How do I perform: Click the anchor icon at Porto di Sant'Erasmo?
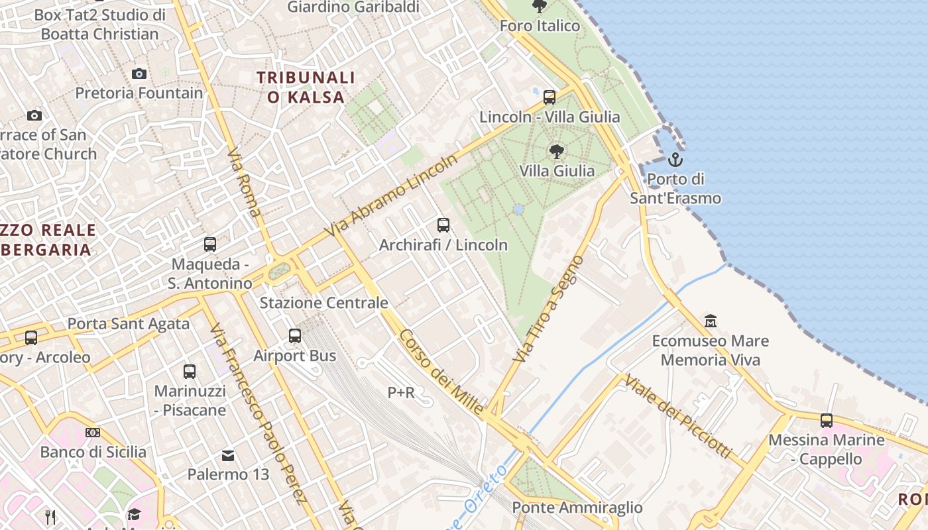pyautogui.click(x=675, y=160)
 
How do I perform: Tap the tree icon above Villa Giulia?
pyautogui.click(x=557, y=152)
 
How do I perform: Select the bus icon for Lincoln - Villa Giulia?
pyautogui.click(x=550, y=97)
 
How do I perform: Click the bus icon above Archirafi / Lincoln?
pyautogui.click(x=443, y=225)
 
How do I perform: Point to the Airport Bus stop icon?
pyautogui.click(x=295, y=336)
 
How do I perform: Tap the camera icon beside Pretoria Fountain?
pyautogui.click(x=139, y=74)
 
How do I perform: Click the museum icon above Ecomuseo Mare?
pyautogui.click(x=711, y=321)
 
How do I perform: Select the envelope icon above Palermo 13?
pyautogui.click(x=228, y=455)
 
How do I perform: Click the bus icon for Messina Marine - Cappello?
pyautogui.click(x=827, y=420)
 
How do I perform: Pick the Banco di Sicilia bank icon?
pyautogui.click(x=93, y=433)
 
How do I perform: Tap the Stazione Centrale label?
pyautogui.click(x=323, y=303)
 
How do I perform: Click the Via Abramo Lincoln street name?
pyautogui.click(x=392, y=196)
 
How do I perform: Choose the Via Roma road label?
pyautogui.click(x=243, y=183)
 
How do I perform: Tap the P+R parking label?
pyautogui.click(x=401, y=393)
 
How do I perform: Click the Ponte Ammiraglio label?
pyautogui.click(x=577, y=507)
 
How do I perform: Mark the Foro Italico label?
pyautogui.click(x=540, y=26)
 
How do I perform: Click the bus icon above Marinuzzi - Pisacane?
pyautogui.click(x=190, y=371)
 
